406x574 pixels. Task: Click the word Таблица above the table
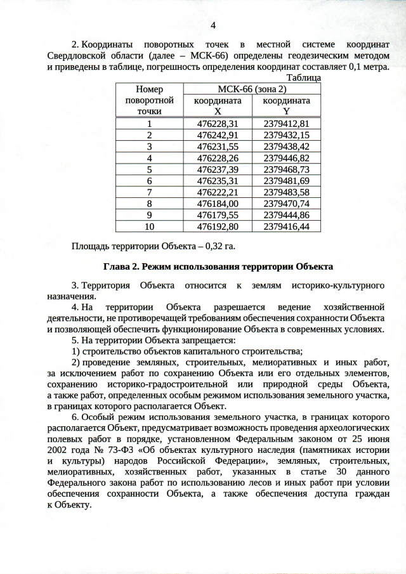pos(304,77)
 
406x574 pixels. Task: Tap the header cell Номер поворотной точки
pos(150,100)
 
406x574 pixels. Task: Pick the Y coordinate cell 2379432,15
pos(286,135)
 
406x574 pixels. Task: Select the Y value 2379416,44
pos(286,226)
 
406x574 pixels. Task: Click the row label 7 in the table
pos(150,192)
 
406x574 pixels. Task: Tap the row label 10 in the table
pos(150,226)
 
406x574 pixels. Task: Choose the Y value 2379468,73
pos(286,169)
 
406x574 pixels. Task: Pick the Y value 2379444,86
pos(286,215)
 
